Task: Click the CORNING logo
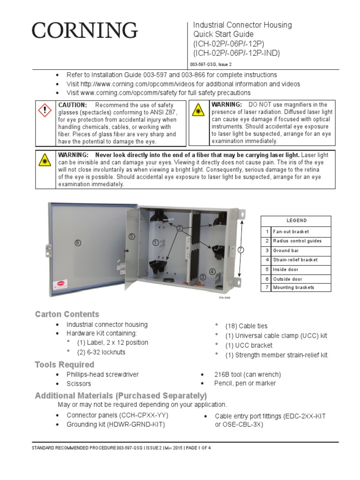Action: tap(85, 31)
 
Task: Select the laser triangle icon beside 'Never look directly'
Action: tap(45, 160)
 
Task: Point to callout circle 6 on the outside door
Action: tap(78, 242)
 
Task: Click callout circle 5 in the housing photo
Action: tap(132, 236)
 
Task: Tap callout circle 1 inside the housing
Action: tap(155, 242)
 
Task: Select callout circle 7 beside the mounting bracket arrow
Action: tap(240, 250)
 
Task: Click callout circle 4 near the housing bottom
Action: tap(212, 271)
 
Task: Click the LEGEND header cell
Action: tap(296, 221)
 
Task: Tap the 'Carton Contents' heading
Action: tap(67, 314)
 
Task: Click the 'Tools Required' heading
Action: tap(65, 364)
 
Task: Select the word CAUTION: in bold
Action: tap(72, 105)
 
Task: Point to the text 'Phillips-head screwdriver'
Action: tap(103, 375)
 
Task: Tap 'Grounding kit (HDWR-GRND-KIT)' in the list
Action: tap(116, 424)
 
